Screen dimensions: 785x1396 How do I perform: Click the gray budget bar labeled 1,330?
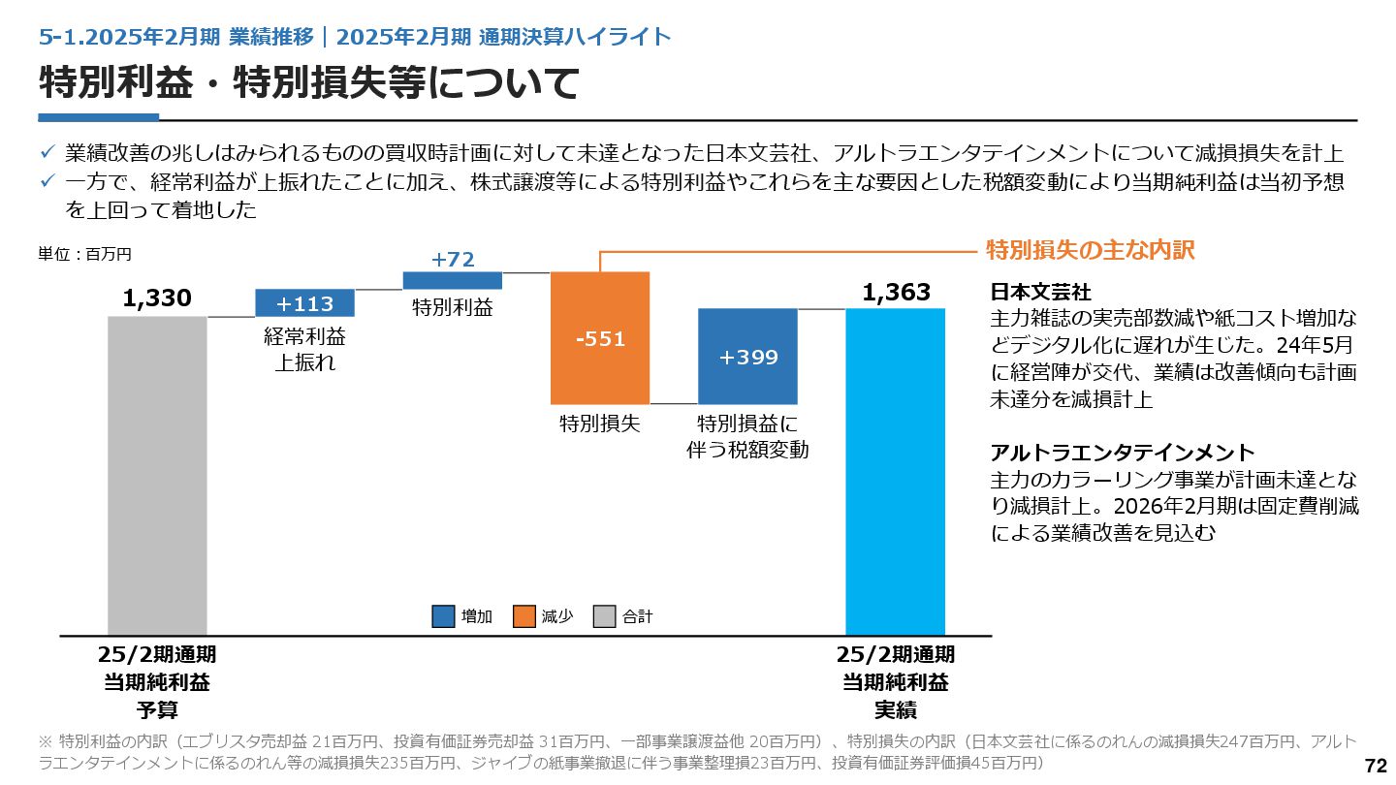point(157,475)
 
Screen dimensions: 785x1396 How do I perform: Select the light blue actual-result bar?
point(895,471)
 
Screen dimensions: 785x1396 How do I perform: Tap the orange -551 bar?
point(600,338)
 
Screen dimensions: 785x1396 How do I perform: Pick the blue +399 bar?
point(747,357)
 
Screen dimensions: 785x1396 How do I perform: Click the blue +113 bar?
point(304,303)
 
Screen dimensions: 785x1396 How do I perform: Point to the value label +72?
point(453,260)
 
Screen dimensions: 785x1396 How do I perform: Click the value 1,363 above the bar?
point(896,293)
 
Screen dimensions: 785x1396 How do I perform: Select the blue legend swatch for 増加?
point(443,616)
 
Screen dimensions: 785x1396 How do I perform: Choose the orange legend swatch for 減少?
point(524,616)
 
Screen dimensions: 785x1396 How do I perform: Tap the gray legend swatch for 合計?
point(605,616)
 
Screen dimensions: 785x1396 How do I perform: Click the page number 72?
point(1376,766)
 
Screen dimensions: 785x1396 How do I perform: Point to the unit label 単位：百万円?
point(84,255)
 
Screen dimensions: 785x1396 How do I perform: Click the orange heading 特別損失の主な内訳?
point(1090,250)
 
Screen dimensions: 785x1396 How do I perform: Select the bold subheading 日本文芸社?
point(1040,292)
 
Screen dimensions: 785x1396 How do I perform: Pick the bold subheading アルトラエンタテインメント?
point(1123,453)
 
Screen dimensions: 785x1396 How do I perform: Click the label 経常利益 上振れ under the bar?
point(304,350)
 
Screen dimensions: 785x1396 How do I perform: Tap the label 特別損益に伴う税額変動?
point(747,436)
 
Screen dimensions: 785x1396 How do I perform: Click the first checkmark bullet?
point(47,153)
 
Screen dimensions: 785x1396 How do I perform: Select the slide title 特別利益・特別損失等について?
point(309,83)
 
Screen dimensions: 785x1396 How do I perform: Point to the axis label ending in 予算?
point(157,682)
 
